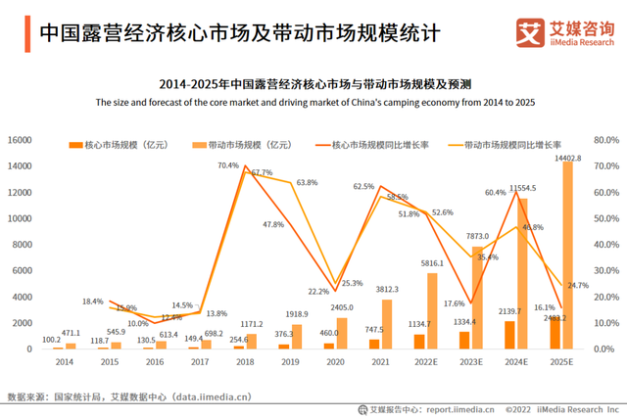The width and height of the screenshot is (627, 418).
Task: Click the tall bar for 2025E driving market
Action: tap(567, 255)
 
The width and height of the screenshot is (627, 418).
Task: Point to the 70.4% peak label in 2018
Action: tap(228, 165)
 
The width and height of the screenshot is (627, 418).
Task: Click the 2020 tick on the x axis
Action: tap(335, 362)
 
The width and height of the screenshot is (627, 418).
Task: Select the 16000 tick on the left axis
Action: tap(21, 140)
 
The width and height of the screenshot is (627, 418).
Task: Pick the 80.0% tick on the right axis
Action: tap(606, 140)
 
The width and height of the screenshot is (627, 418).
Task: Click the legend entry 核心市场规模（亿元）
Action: tap(108, 145)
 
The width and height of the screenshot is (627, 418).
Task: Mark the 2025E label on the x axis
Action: tap(560, 362)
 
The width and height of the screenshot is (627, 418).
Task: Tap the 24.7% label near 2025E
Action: tap(576, 286)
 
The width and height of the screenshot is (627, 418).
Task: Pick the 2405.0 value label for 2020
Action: tap(342, 307)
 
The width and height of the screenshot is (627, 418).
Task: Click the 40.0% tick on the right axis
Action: tap(606, 244)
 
